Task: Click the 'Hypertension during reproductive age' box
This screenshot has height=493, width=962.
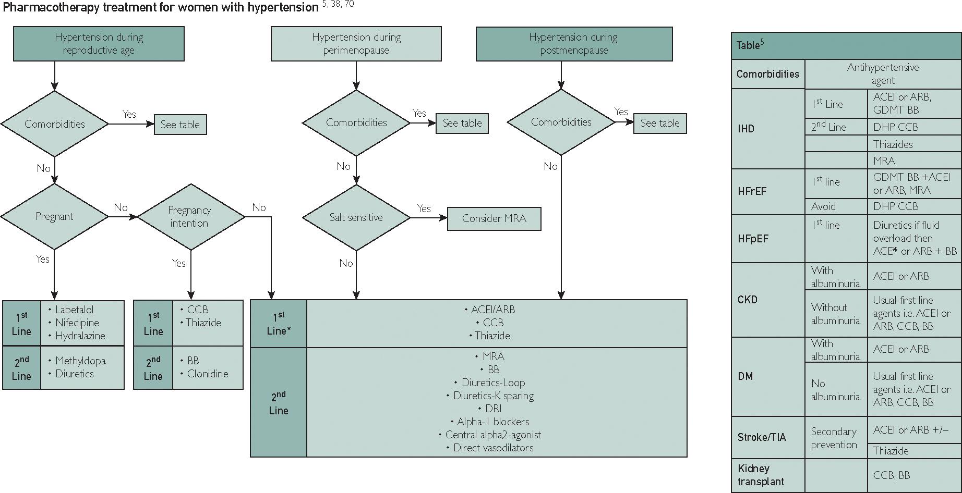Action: coord(99,44)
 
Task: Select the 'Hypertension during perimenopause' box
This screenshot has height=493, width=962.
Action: coord(356,44)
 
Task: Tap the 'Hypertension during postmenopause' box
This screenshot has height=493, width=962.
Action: coord(573,44)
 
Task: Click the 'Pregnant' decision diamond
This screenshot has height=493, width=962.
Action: coord(54,217)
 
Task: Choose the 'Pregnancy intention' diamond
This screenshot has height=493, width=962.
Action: coord(189,217)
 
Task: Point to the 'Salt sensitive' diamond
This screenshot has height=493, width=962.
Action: coord(356,217)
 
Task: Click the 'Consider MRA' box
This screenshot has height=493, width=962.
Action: coord(494,219)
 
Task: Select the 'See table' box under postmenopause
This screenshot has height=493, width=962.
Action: coord(659,124)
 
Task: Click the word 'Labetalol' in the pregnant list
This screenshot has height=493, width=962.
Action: coord(75,310)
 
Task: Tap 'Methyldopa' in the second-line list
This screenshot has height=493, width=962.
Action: coord(80,361)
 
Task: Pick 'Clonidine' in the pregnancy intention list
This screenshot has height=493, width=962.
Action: coord(207,374)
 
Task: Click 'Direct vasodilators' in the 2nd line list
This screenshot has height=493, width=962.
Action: coord(493,448)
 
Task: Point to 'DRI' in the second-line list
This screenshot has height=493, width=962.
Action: coord(493,409)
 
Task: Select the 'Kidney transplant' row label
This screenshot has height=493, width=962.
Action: coord(761,475)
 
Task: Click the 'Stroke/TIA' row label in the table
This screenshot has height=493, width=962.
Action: coord(761,437)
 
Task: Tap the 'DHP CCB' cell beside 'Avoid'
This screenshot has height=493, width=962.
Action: coord(896,206)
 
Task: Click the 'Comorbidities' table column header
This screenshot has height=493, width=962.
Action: coord(767,74)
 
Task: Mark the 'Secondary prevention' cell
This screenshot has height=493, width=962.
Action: coord(834,438)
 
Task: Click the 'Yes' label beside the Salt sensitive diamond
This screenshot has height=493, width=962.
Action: coord(424,208)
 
